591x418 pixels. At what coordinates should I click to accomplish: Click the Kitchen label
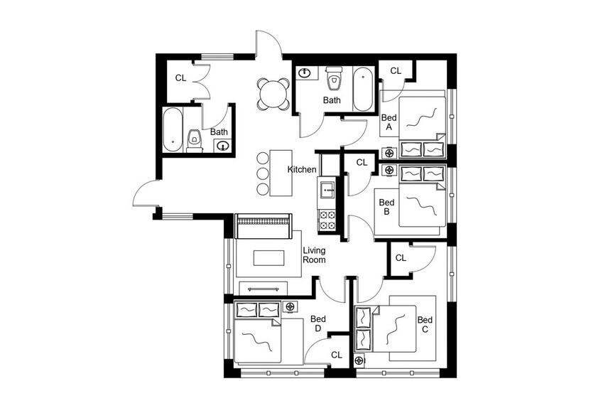302,170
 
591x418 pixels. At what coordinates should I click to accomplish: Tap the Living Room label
314,255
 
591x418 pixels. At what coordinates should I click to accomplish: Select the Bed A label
389,123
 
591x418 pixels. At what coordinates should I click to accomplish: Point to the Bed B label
386,207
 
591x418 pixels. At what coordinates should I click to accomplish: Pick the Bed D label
318,323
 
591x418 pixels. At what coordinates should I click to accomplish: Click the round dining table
273,94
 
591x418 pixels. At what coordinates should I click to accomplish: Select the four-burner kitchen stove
327,220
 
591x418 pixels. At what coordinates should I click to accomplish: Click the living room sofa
264,227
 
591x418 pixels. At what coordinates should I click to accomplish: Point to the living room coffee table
264,257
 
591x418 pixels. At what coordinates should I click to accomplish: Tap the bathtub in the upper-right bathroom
362,89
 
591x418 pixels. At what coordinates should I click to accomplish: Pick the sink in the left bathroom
222,146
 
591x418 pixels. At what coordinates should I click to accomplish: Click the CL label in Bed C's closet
401,258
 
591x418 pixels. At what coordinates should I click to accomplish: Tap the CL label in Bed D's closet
336,354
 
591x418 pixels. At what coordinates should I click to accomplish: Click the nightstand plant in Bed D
290,306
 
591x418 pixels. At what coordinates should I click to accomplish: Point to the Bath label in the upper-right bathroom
332,100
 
